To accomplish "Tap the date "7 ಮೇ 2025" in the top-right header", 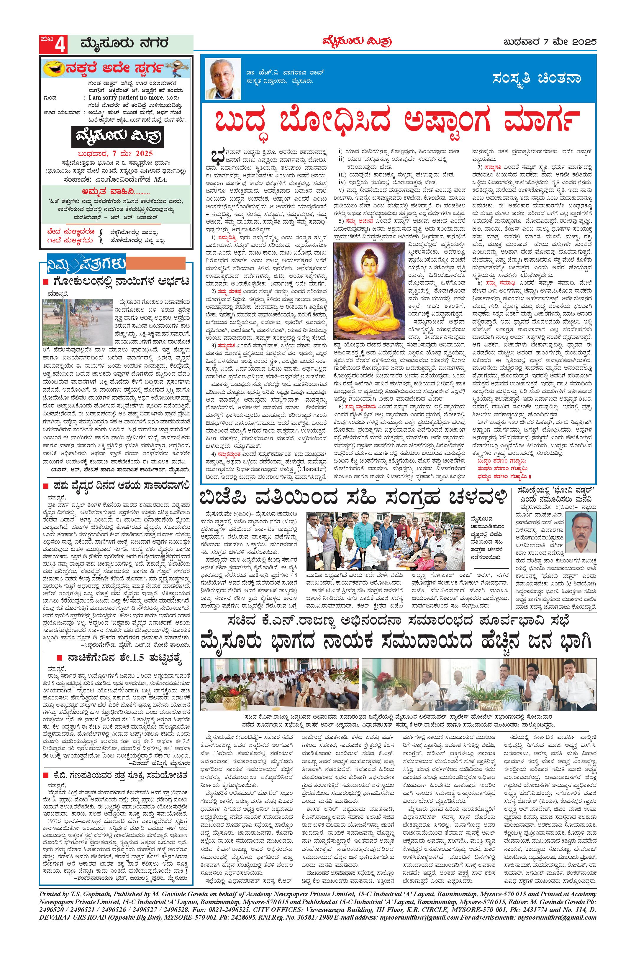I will click(x=573, y=42).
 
